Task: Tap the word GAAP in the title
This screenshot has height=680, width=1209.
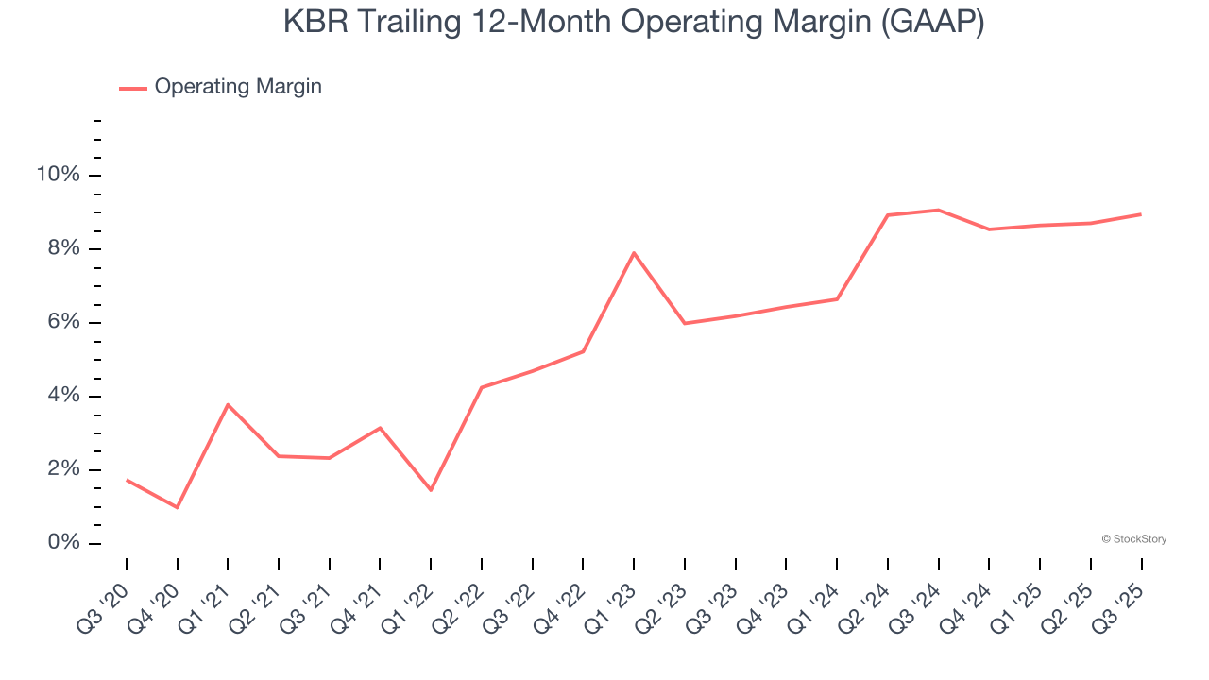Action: point(931,22)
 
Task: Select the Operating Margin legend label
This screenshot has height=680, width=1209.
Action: point(238,87)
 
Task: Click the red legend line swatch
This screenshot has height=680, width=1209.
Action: point(132,88)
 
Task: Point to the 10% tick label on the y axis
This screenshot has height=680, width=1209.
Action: point(58,175)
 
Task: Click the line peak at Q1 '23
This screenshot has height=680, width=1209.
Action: point(634,252)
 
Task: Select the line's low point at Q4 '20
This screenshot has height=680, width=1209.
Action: point(178,507)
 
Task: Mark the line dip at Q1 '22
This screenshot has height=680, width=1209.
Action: point(431,490)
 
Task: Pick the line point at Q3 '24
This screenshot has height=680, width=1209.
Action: point(938,210)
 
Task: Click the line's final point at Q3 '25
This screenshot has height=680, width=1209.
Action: point(1141,214)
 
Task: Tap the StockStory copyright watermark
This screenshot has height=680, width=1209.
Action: point(1134,539)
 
